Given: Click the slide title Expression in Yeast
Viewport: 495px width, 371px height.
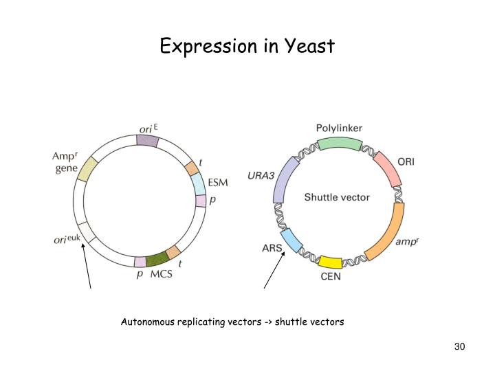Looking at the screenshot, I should pos(247,46).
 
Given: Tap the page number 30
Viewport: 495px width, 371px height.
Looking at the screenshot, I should pos(460,346).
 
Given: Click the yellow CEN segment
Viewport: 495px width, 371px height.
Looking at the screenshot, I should pos(331,261).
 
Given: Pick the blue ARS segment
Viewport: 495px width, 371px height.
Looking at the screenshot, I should pos(292,240).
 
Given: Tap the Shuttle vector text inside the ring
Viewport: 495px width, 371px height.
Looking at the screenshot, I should pos(337,197).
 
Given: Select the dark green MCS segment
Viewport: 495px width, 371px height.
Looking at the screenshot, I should pos(157,258).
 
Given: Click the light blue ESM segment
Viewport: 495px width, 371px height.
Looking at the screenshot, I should pos(198,183).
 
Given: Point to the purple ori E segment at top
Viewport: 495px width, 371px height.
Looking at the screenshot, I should pos(147,140).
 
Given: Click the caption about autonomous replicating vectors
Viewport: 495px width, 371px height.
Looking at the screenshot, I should pos(232,322).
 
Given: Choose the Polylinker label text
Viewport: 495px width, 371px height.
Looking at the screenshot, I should pos(339,128).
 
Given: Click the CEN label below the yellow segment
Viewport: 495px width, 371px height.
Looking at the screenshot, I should pos(331,278).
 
